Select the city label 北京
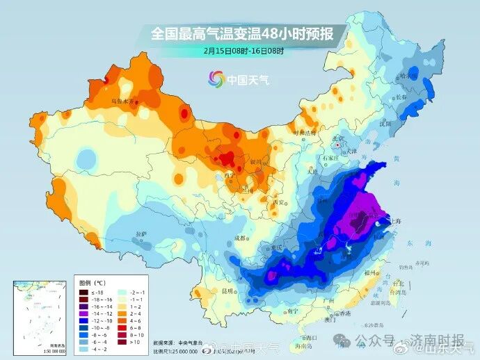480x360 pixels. tap(339, 138)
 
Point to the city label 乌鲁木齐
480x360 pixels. tap(122, 101)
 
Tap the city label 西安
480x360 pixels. tap(280, 202)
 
